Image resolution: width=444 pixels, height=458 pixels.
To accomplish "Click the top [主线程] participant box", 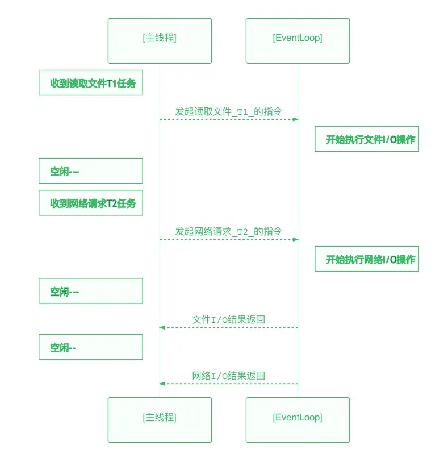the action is [x=160, y=40].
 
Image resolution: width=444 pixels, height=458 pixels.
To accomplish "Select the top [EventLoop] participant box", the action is [x=298, y=40].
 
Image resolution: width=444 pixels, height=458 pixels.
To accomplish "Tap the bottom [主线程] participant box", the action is [x=160, y=419].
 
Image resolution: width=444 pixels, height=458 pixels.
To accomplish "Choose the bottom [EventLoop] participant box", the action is [x=298, y=419].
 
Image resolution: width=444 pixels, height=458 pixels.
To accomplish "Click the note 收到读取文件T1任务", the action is [x=91, y=83].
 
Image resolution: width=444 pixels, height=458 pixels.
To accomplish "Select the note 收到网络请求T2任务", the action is [x=91, y=203].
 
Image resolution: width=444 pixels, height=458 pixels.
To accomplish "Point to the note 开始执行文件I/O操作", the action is [x=367, y=140].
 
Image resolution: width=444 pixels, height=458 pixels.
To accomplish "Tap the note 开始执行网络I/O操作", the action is [x=367, y=260].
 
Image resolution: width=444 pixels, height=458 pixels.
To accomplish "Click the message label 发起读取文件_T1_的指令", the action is [x=228, y=111].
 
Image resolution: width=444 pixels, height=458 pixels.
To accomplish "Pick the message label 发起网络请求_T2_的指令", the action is [x=228, y=231].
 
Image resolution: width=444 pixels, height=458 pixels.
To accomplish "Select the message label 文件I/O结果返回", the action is [x=228, y=319].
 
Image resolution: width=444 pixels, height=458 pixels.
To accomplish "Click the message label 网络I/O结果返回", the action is [x=228, y=376].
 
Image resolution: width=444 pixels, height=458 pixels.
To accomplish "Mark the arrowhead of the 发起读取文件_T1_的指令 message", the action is [x=295, y=119].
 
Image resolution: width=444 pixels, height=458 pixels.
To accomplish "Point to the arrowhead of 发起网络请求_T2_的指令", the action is [x=295, y=239].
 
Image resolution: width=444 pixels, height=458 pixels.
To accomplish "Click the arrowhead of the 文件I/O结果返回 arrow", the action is [x=162, y=327].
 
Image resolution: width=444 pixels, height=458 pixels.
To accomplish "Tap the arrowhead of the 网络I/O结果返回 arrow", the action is [x=162, y=384].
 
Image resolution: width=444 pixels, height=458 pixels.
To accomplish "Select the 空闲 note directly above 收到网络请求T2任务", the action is [x=91, y=171].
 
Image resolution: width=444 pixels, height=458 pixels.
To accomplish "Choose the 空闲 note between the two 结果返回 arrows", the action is [x=91, y=347].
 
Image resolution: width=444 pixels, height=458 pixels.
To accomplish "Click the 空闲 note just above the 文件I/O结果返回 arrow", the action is [x=91, y=291].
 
